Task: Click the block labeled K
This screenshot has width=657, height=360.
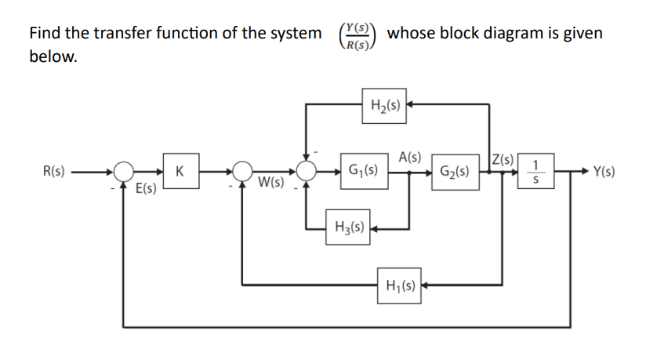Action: tap(180, 170)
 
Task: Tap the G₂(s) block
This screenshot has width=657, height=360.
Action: tap(456, 171)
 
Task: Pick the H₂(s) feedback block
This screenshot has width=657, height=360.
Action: tap(385, 106)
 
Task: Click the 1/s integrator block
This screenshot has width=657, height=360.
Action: tap(535, 170)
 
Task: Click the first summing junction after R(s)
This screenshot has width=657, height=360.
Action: tap(122, 170)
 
